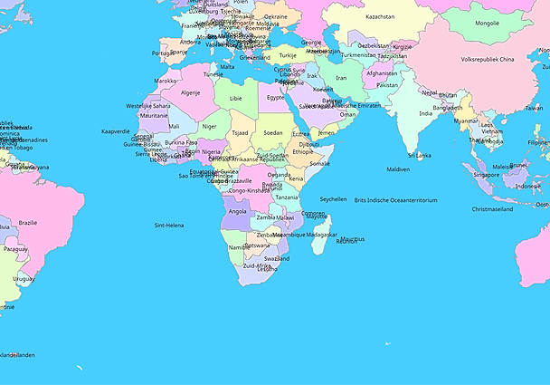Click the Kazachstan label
pyautogui.click(x=380, y=16)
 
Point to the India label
pyautogui.click(x=425, y=113)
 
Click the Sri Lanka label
pyautogui.click(x=419, y=155)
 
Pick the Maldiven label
pyautogui.click(x=398, y=169)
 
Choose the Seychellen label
pyautogui.click(x=333, y=198)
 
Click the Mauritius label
pyautogui.click(x=353, y=239)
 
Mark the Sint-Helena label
pyautogui.click(x=169, y=225)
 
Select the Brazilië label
pyautogui.click(x=28, y=222)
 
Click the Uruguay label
pyautogui.click(x=24, y=279)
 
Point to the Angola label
pyautogui.click(x=238, y=211)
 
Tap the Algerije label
pyautogui.click(x=190, y=92)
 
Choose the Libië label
pyautogui.click(x=236, y=98)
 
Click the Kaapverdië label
pyautogui.click(x=116, y=130)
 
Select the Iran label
pyautogui.click(x=341, y=78)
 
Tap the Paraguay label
pyautogui.click(x=15, y=248)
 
